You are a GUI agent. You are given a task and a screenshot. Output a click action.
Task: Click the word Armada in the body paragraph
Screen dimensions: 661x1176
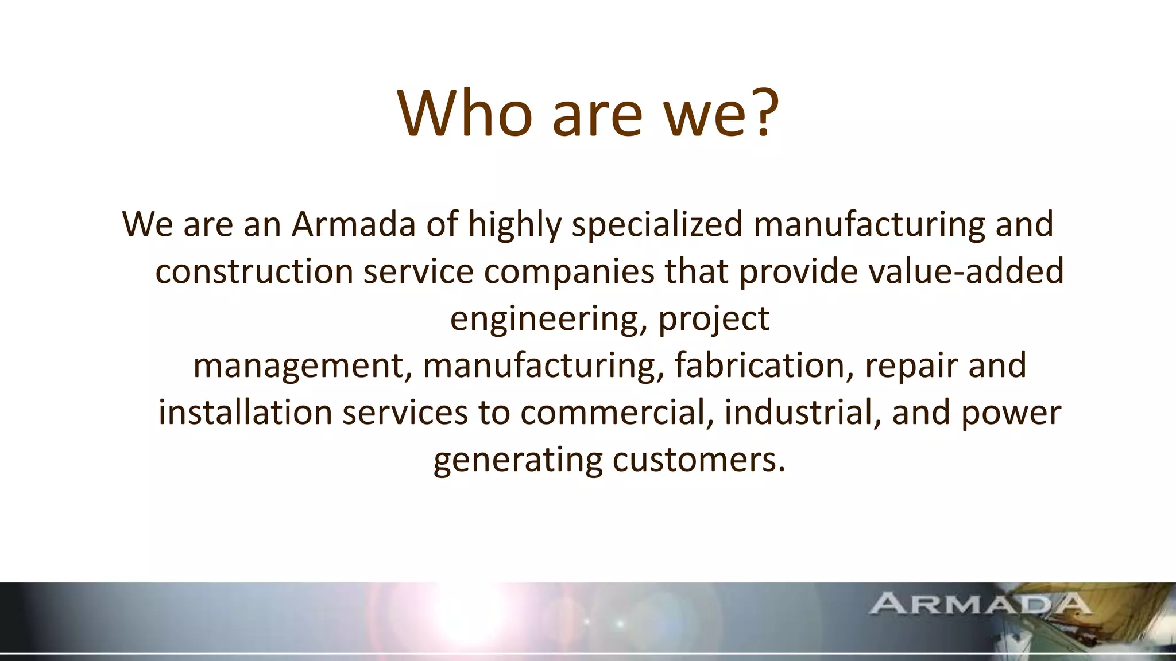pos(353,224)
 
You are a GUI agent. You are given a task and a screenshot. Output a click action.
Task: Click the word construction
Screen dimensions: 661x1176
pos(254,271)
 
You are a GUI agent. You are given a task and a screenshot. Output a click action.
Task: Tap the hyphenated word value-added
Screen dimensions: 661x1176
pos(966,271)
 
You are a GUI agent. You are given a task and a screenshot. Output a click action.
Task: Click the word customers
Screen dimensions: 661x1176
pos(698,460)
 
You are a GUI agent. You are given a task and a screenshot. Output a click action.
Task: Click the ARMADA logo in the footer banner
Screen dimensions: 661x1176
pos(979,604)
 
